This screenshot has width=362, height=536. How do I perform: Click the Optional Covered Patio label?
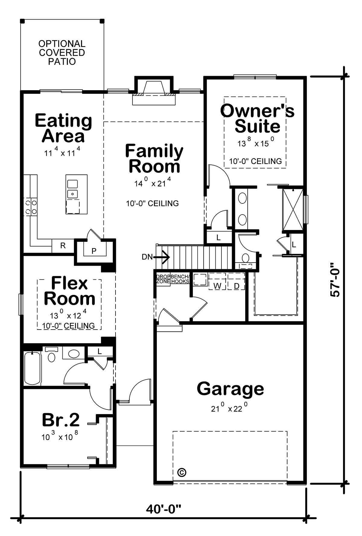(x=62, y=53)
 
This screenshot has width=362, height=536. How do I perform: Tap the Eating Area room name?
(x=63, y=128)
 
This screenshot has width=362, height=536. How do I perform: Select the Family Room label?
(x=154, y=158)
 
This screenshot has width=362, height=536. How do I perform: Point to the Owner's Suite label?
(x=257, y=118)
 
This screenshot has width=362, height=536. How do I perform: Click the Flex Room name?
(x=69, y=291)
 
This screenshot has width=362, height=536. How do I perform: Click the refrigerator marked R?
(x=63, y=246)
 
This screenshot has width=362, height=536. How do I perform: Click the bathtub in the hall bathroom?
(x=32, y=368)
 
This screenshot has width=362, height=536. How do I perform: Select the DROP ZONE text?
(x=163, y=279)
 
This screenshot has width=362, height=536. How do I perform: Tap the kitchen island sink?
(x=72, y=188)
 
